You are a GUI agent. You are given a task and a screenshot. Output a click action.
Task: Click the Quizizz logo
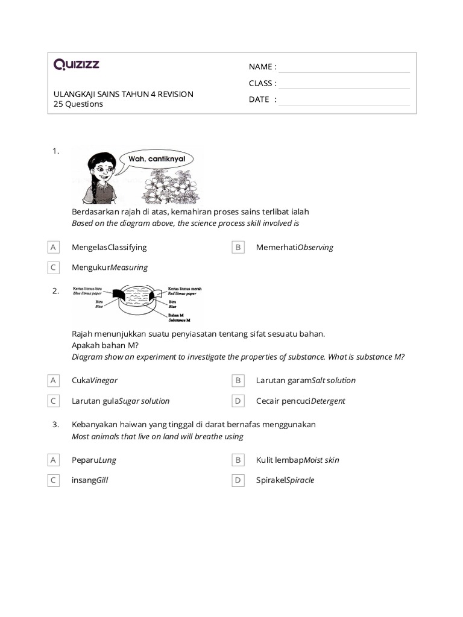(x=77, y=64)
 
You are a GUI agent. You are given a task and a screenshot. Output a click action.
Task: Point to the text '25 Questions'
(x=78, y=104)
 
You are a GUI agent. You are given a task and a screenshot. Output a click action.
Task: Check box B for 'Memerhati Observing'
(x=238, y=247)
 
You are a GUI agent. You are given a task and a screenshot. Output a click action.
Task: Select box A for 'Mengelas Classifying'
(x=54, y=247)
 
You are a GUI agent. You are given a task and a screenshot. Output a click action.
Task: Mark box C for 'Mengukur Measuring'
(x=54, y=267)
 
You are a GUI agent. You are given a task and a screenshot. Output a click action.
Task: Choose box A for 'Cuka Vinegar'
(x=54, y=380)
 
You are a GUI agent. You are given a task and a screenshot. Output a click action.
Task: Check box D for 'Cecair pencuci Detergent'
(x=238, y=401)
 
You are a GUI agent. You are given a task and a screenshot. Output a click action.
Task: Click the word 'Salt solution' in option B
(x=333, y=380)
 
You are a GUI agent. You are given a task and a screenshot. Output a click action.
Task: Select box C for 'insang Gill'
(x=54, y=480)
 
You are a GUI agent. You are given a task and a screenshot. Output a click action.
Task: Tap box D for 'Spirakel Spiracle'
(x=238, y=480)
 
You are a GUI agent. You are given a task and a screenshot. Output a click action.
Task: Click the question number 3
(x=55, y=425)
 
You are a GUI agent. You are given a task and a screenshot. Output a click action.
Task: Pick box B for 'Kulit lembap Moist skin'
(x=238, y=460)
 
